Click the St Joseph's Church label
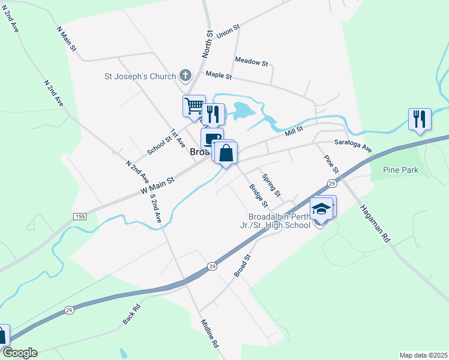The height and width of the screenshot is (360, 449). tap(140, 76)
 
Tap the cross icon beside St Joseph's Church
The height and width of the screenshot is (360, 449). tap(185, 76)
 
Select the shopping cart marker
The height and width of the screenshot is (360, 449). tap(194, 106)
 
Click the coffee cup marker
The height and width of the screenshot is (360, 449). tap(210, 139)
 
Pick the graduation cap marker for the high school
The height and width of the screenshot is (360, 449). tap(321, 208)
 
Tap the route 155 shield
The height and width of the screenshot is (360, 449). tap(80, 216)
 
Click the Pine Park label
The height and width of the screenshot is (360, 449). tap(402, 170)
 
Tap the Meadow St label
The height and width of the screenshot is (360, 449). tap(252, 61)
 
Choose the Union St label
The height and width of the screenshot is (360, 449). tap(229, 31)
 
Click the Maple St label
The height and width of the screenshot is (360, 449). tap(218, 76)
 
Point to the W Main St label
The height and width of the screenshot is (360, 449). tap(157, 184)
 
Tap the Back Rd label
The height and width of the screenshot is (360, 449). tap(131, 314)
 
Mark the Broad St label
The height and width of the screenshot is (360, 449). tap(241, 266)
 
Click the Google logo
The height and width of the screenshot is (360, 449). tap(20, 353)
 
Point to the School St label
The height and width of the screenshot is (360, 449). tap(159, 145)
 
